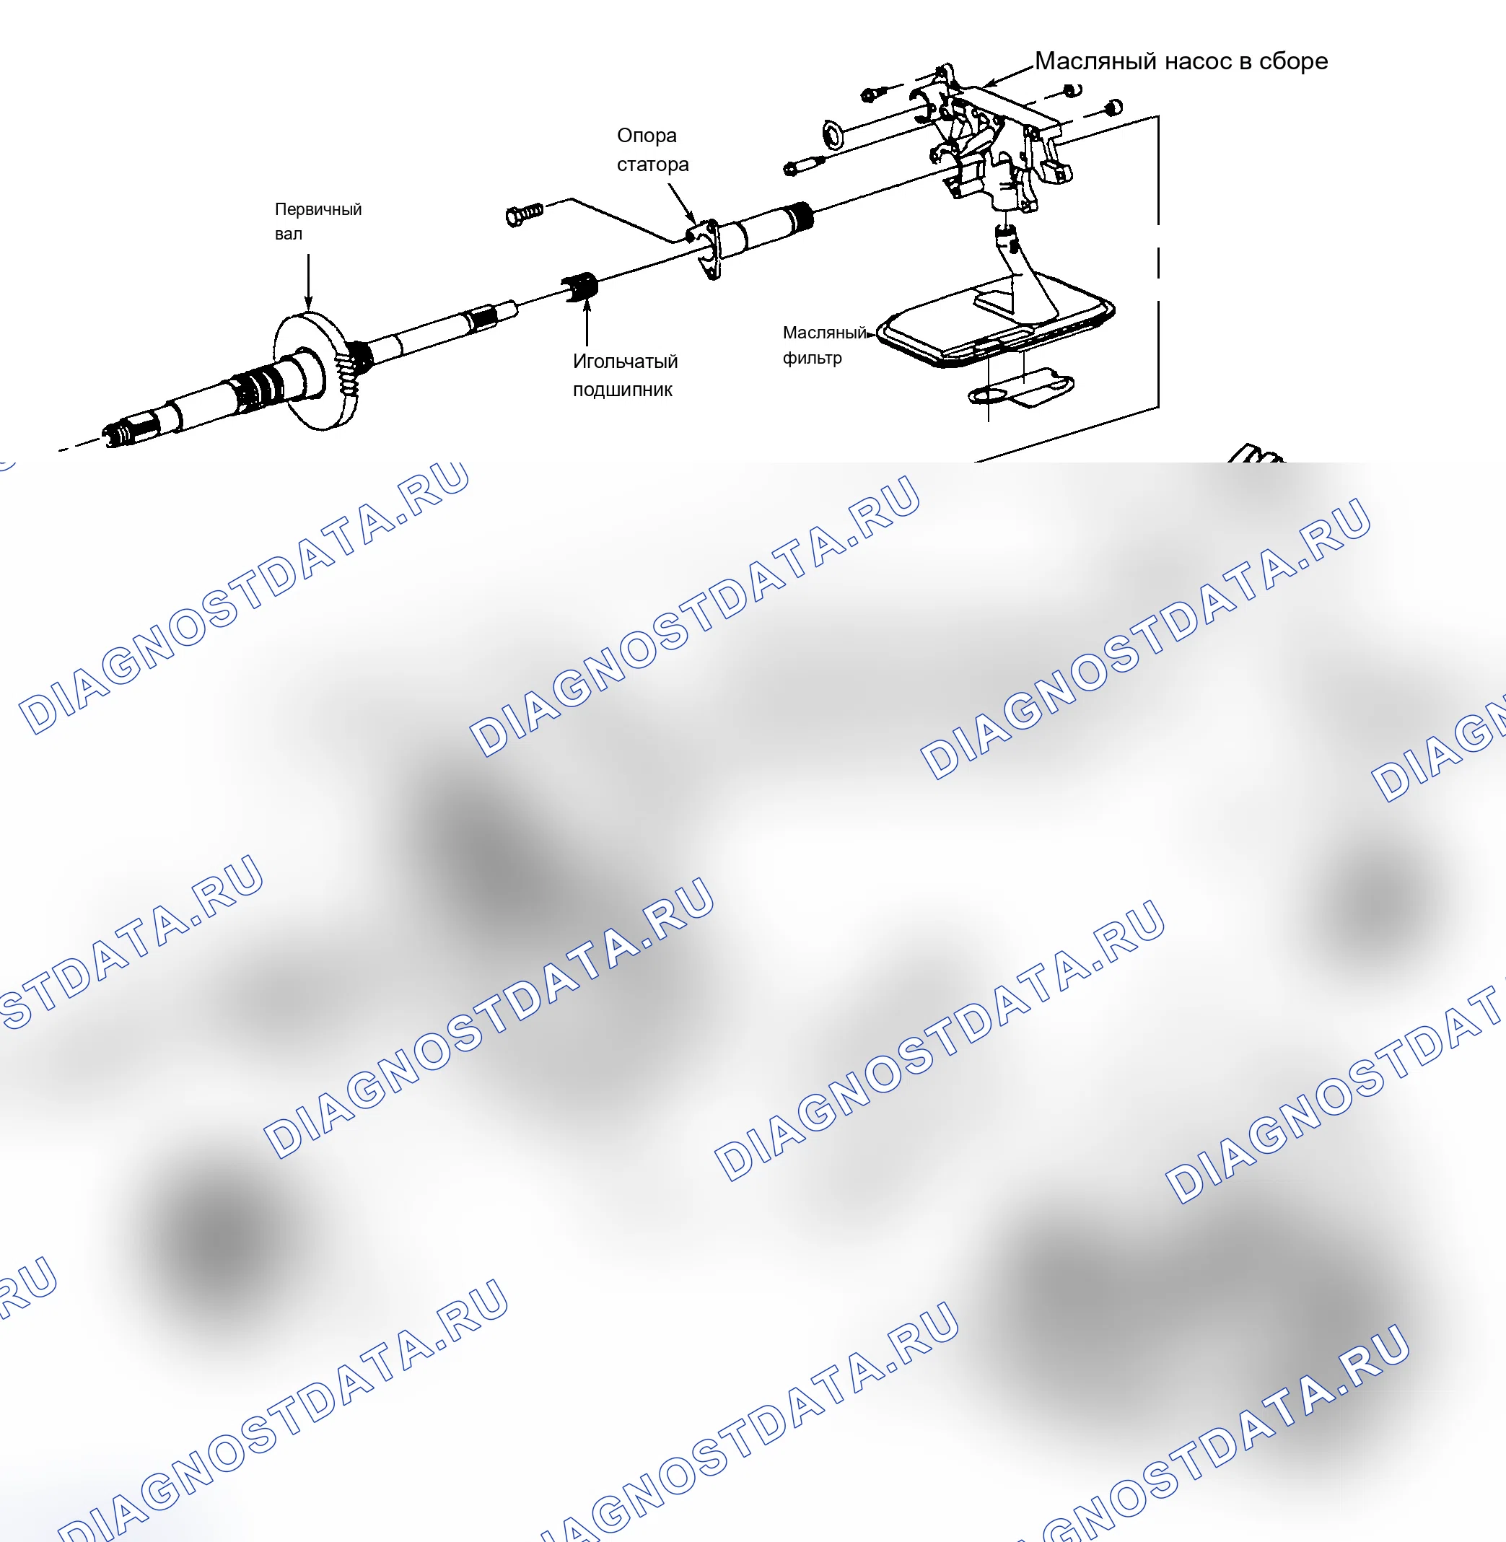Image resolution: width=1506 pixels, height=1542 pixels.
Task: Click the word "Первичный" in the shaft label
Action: (318, 209)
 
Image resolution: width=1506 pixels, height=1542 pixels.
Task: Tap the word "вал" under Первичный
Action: (289, 234)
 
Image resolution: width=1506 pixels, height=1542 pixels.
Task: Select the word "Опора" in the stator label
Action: (647, 136)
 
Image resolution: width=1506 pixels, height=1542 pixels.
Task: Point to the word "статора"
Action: (652, 165)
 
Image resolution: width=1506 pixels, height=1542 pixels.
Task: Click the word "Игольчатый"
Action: (625, 362)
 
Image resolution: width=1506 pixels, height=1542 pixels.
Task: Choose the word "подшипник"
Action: (623, 390)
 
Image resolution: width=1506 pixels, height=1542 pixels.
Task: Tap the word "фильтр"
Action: (813, 358)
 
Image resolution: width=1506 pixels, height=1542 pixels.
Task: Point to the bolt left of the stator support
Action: (524, 214)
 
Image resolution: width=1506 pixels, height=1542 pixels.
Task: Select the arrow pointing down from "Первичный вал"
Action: (308, 281)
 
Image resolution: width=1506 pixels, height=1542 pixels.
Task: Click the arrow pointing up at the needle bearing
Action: (587, 322)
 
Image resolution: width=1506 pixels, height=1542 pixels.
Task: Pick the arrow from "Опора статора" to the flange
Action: (682, 204)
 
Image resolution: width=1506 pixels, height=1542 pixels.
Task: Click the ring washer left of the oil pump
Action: (833, 134)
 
